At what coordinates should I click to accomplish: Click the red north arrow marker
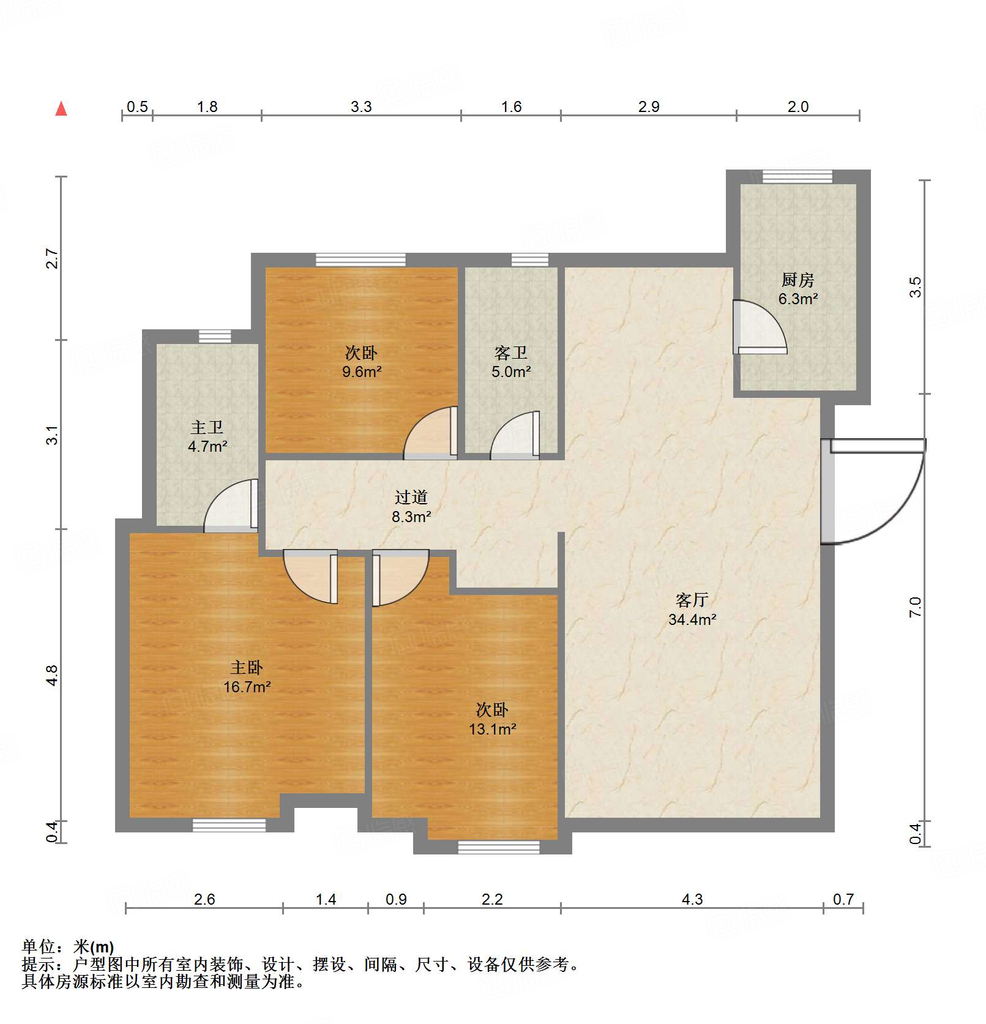pos(61,109)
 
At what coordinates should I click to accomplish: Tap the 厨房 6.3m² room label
pos(798,290)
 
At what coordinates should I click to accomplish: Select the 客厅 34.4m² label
pos(692,610)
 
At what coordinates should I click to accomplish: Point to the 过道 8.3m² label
pos(411,507)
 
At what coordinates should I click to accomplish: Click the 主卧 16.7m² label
pos(247,677)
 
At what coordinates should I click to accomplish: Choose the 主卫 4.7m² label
pos(207,436)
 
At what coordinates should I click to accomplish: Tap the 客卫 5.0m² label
pos(511,362)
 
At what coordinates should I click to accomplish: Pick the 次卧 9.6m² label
pos(362,362)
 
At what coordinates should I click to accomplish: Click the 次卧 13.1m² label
pos(492,719)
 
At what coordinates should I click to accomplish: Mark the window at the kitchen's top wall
pos(797,176)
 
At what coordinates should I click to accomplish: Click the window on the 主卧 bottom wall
pos(230,825)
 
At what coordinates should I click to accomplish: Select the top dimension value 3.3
pos(361,107)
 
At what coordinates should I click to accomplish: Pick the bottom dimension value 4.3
pos(692,899)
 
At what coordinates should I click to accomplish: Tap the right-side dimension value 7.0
pos(915,607)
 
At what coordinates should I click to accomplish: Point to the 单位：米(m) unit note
pos(68,947)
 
